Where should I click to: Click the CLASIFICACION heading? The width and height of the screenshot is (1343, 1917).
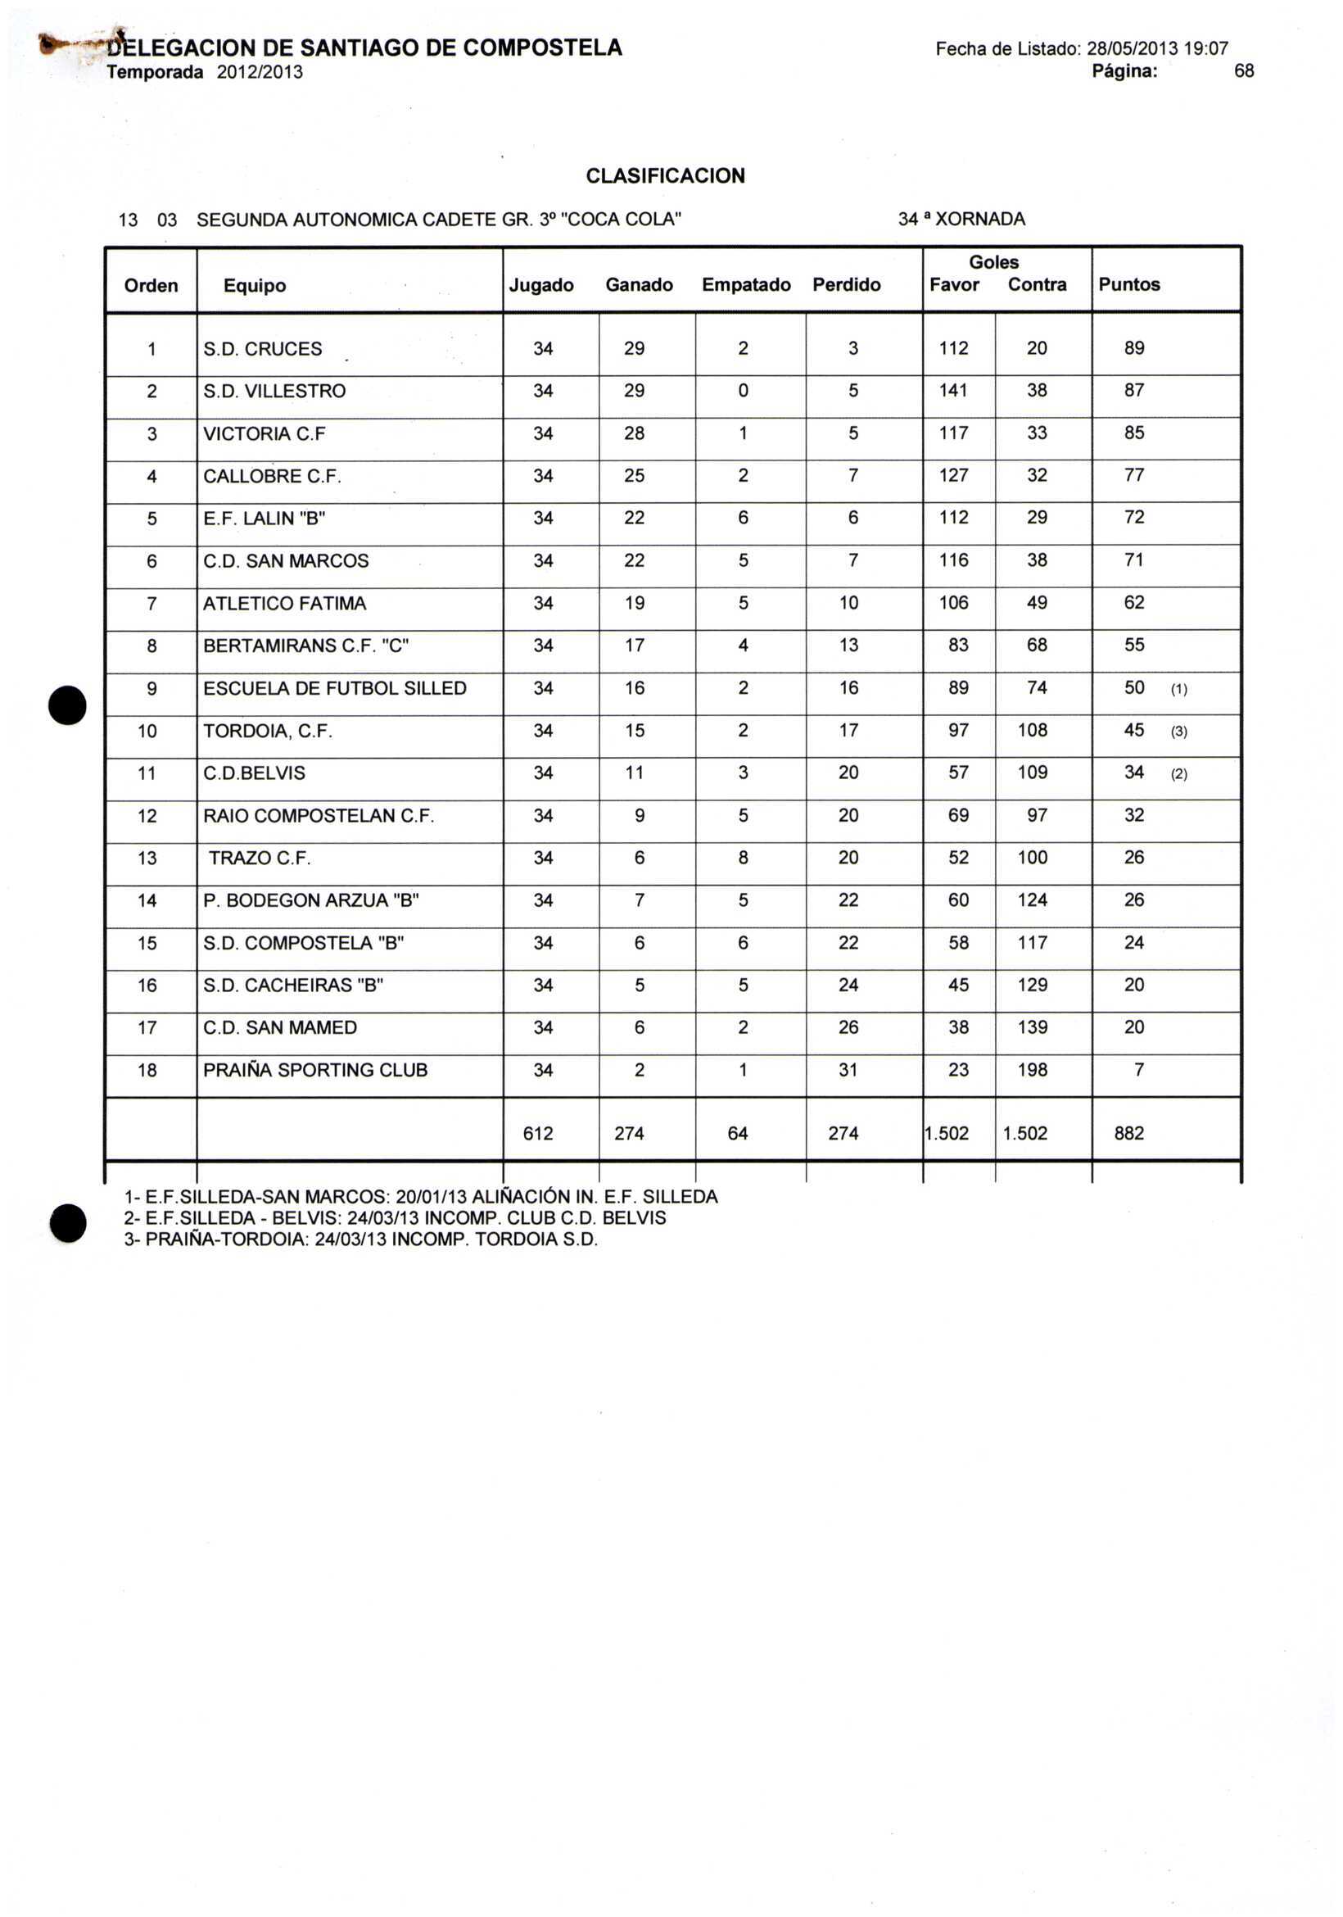pyautogui.click(x=665, y=176)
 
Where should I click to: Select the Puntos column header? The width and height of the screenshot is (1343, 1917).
pyautogui.click(x=1128, y=285)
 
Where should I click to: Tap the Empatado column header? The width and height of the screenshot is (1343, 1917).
pyautogui.click(x=745, y=285)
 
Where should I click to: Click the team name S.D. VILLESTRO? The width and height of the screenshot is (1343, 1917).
pyautogui.click(x=274, y=391)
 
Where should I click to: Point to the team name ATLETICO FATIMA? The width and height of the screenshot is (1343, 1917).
pyautogui.click(x=285, y=604)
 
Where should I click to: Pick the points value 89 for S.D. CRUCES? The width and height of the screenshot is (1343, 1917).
pyautogui.click(x=1133, y=348)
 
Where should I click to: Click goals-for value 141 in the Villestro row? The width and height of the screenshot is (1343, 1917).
pyautogui.click(x=952, y=391)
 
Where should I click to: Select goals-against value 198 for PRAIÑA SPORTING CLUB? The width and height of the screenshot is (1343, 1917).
pyautogui.click(x=1032, y=1070)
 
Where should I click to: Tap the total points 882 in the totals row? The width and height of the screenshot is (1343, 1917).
pyautogui.click(x=1128, y=1133)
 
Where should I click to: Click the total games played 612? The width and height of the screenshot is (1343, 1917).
pyautogui.click(x=537, y=1133)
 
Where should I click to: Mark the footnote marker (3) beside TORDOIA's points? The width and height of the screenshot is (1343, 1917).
pyautogui.click(x=1178, y=732)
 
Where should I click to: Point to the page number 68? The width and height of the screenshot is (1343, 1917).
pyautogui.click(x=1244, y=72)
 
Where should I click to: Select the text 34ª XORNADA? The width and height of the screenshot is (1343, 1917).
pyautogui.click(x=961, y=220)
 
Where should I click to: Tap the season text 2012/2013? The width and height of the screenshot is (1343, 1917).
pyautogui.click(x=260, y=73)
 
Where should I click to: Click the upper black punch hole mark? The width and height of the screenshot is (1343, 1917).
pyautogui.click(x=69, y=703)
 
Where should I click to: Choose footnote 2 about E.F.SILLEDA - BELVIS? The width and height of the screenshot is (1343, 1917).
pyautogui.click(x=395, y=1218)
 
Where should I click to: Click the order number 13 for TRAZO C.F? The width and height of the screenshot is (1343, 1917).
pyautogui.click(x=147, y=858)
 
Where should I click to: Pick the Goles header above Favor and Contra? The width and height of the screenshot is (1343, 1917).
pyautogui.click(x=993, y=262)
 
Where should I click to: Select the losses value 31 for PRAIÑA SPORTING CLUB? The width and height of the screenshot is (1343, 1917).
pyautogui.click(x=848, y=1070)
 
